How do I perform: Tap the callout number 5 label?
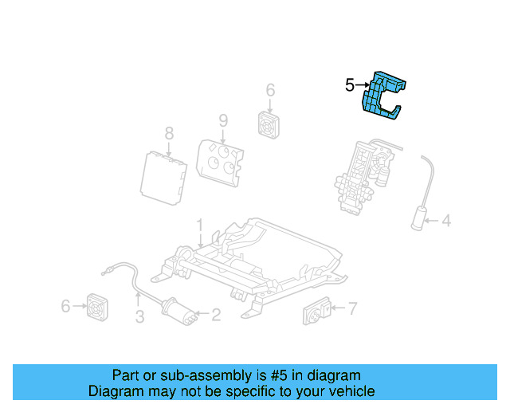[350, 84]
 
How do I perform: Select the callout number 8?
[169, 132]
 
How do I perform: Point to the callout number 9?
[223, 120]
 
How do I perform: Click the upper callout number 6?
[269, 90]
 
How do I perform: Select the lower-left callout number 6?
[66, 304]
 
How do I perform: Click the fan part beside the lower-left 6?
[97, 305]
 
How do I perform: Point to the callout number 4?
[446, 219]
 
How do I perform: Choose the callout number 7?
[352, 308]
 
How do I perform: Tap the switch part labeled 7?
[319, 312]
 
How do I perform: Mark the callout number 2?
[215, 315]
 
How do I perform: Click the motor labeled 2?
[177, 312]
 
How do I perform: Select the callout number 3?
[139, 318]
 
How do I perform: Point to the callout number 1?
[201, 225]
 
